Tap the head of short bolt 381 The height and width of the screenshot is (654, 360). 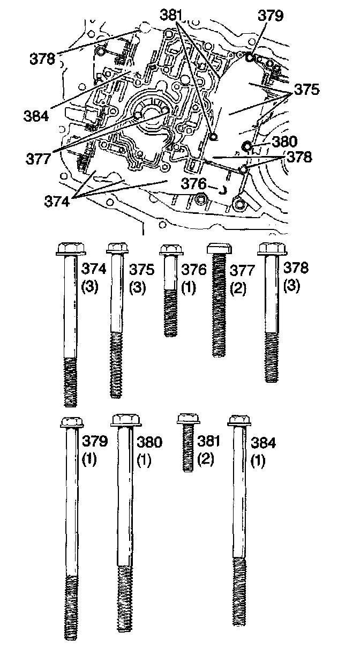(x=187, y=418)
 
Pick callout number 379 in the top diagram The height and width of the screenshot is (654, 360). (x=270, y=17)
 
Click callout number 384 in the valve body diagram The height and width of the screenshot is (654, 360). (x=36, y=114)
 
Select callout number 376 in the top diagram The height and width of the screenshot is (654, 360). (x=194, y=183)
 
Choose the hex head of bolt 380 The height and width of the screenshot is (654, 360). (x=125, y=420)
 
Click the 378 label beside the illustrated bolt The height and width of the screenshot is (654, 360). (x=296, y=268)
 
